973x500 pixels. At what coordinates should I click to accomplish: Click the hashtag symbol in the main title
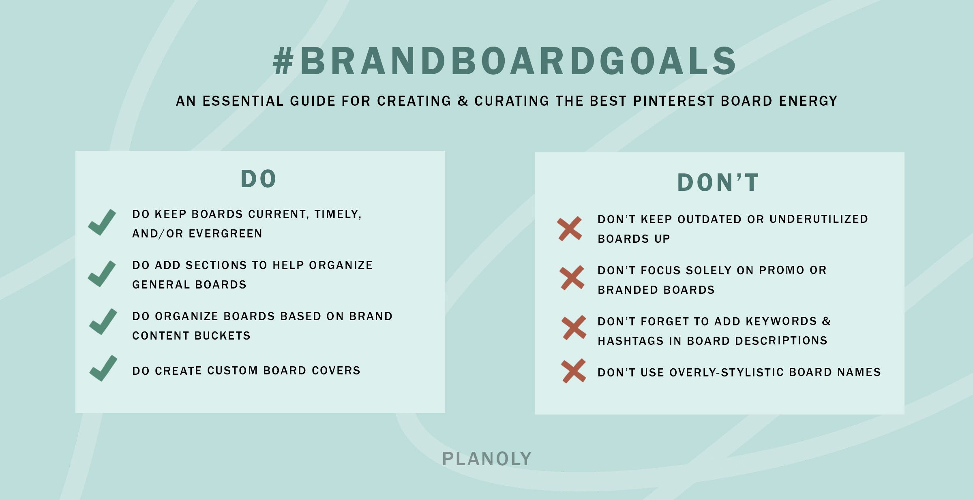(x=283, y=61)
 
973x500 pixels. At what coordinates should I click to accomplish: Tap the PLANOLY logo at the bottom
(x=486, y=459)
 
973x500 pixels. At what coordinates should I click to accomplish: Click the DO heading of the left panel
(x=259, y=179)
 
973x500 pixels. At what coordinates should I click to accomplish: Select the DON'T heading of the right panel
(x=718, y=182)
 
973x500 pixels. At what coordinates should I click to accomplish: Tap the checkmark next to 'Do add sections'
(x=102, y=274)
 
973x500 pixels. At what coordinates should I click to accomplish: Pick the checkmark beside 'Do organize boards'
(x=103, y=322)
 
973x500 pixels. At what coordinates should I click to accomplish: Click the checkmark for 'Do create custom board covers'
(x=103, y=368)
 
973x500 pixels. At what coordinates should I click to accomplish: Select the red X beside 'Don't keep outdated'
(x=570, y=229)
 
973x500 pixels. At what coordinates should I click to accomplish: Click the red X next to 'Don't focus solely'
(x=572, y=278)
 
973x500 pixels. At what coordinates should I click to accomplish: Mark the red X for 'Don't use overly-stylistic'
(x=574, y=371)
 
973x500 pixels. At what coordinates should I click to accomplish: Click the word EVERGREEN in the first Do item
(x=225, y=234)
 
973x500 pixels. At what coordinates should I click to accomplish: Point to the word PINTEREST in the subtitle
(x=674, y=101)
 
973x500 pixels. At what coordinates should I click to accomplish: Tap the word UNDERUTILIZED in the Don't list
(x=819, y=219)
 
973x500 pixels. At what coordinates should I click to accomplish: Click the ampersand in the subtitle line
(x=463, y=101)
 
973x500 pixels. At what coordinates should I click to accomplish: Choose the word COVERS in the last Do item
(x=336, y=371)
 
